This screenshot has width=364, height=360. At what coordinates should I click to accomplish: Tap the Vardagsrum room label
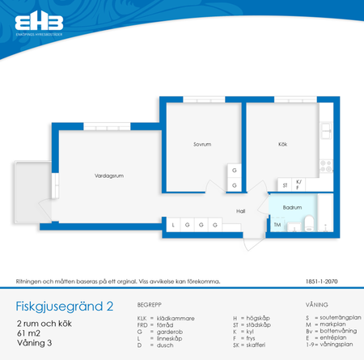[x=108, y=176]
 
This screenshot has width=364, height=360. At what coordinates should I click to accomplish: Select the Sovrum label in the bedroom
[x=201, y=145]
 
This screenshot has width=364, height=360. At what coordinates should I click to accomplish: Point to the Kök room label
[x=282, y=145]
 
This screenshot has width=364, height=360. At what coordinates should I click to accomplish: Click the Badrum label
[x=292, y=207]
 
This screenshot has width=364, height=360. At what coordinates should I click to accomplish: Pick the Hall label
[x=240, y=210]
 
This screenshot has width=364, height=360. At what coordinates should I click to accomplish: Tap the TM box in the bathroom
[x=277, y=225]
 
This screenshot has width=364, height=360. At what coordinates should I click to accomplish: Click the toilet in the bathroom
[x=309, y=225]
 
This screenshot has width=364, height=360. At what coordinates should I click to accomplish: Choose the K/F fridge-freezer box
[x=298, y=185]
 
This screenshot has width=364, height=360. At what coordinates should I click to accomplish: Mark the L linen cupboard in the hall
[x=174, y=225]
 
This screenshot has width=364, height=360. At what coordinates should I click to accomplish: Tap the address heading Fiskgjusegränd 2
[x=65, y=307]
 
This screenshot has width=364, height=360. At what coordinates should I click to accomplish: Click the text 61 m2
[x=30, y=332]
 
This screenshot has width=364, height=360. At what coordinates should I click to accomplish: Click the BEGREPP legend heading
[x=150, y=304]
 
